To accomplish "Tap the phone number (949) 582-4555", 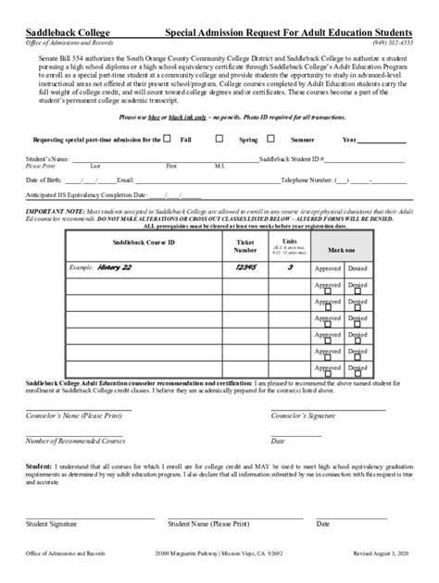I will (x=393, y=43).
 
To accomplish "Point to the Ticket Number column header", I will (x=245, y=245).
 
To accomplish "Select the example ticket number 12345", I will (x=245, y=267).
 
